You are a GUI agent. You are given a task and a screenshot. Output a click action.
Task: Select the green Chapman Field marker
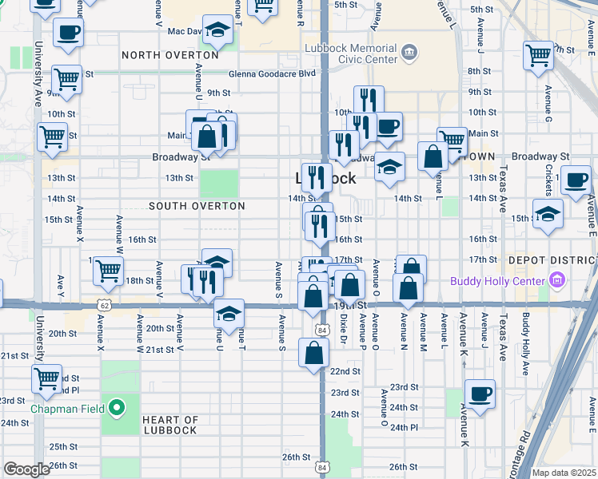pos(117,409)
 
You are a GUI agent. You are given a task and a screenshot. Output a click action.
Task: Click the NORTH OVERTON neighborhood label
pos(170,55)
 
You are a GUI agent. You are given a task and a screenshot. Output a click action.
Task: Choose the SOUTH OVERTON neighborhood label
pos(197,206)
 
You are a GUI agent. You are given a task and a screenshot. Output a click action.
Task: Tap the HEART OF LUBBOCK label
pos(170,425)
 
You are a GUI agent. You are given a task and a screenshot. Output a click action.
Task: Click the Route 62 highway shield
pos(103,304)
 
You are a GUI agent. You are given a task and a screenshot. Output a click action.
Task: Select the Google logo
pos(26,469)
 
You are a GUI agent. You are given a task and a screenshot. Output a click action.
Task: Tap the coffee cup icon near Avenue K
pos(480,393)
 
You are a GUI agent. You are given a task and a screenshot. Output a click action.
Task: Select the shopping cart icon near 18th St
pos(108,271)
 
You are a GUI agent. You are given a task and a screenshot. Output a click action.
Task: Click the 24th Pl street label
pos(404,427)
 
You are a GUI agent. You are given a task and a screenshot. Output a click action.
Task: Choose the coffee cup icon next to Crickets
pos(576,180)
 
